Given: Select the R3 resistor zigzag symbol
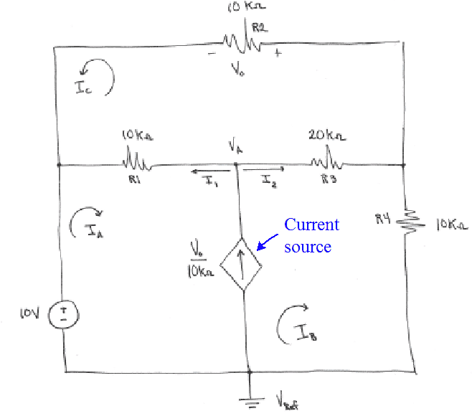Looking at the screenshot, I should (x=324, y=159).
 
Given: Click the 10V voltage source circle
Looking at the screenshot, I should (x=64, y=313).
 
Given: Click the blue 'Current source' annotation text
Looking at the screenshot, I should (x=312, y=235).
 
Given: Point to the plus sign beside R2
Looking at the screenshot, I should (x=278, y=53).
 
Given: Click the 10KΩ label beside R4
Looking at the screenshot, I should (x=451, y=224).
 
